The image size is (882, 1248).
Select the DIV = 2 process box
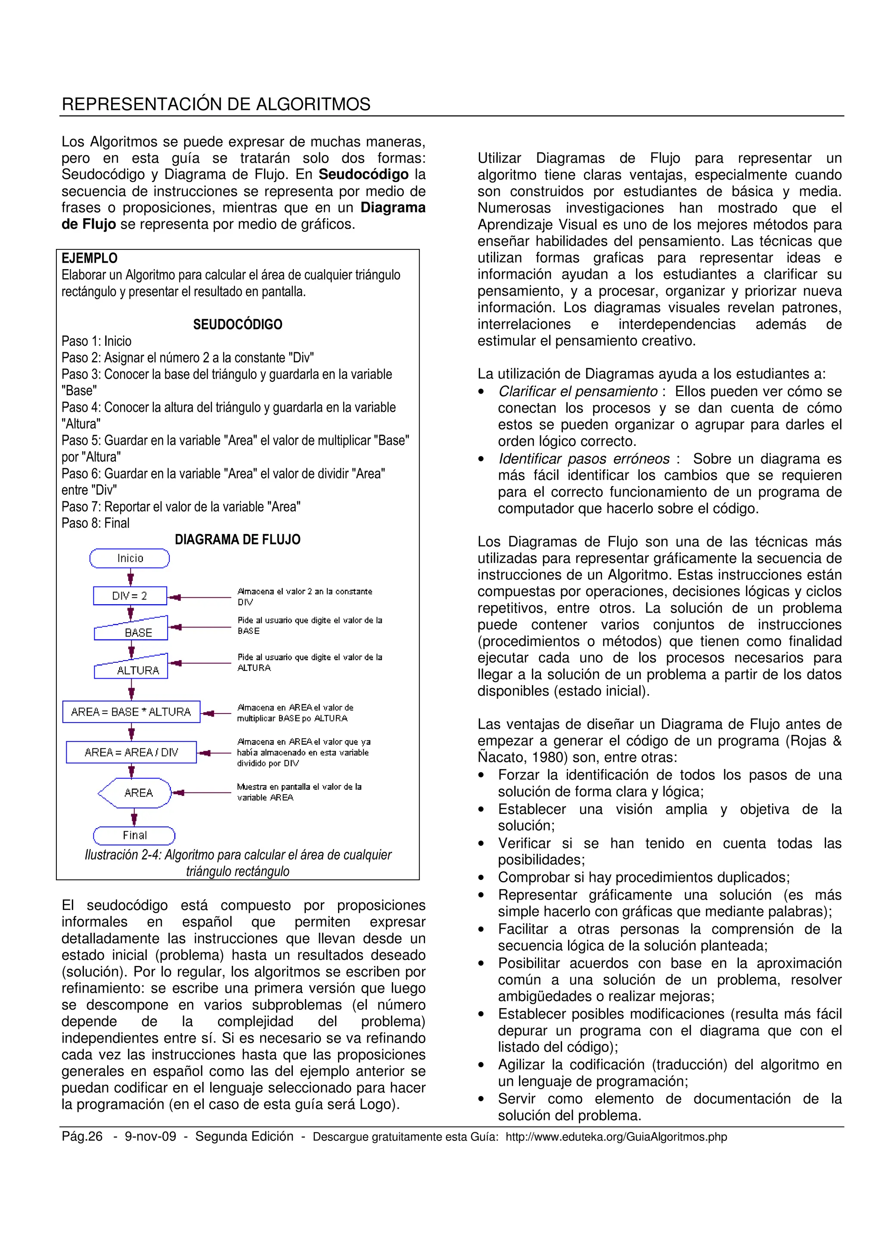[x=130, y=596]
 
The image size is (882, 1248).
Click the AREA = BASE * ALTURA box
[x=131, y=711]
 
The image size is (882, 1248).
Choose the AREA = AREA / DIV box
[x=131, y=752]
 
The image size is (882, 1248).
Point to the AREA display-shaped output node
[x=136, y=793]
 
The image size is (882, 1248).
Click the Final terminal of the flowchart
[x=134, y=835]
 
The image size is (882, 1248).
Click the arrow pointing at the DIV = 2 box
[x=199, y=597]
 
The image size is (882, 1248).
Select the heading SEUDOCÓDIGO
[x=237, y=325]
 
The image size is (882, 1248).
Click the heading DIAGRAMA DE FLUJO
[x=237, y=540]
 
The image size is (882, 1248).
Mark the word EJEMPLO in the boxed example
[x=89, y=258]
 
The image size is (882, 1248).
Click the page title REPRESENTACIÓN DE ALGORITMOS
[x=216, y=104]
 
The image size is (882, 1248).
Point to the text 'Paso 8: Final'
[x=96, y=523]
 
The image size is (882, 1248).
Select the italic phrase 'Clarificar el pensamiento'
[x=578, y=391]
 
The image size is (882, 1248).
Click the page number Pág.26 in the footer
[x=82, y=1136]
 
